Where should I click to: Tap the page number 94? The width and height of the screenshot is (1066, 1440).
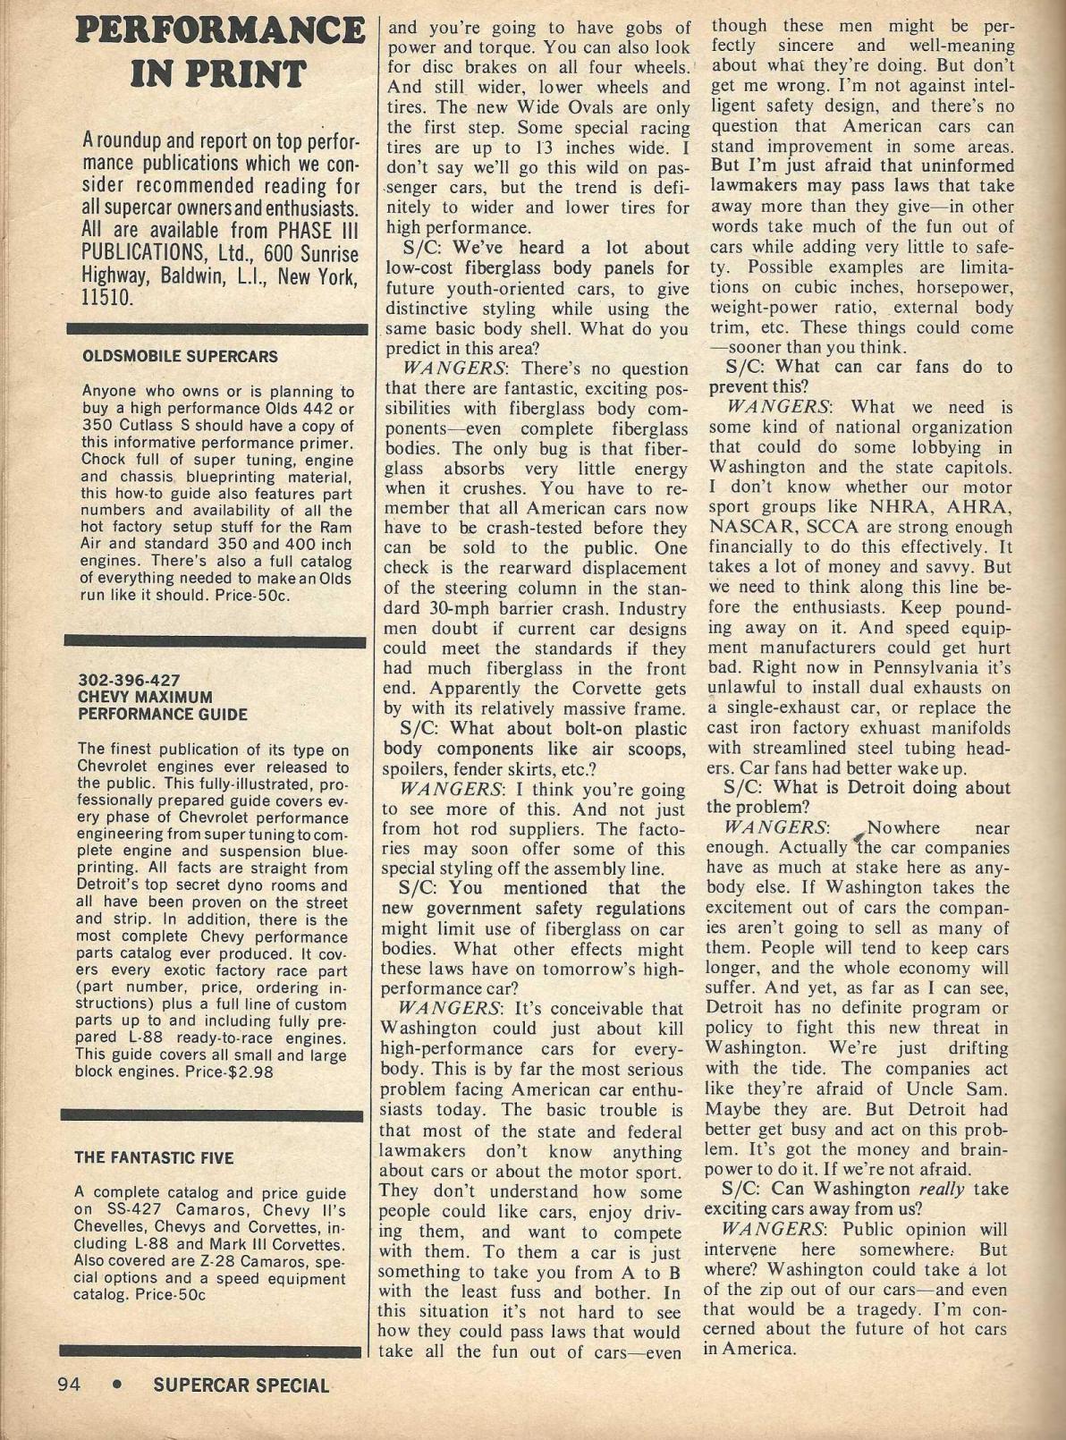click(x=69, y=1385)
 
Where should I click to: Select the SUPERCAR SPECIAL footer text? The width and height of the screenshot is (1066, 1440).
click(x=241, y=1386)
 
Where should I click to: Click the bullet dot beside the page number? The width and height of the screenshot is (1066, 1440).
click(x=116, y=1385)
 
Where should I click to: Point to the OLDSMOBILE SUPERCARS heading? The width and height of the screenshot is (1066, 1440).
click(x=180, y=356)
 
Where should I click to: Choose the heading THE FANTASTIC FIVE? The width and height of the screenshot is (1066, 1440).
click(x=154, y=1157)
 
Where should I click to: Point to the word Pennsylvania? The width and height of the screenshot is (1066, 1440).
click(x=905, y=667)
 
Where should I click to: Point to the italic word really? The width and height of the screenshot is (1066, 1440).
click(x=947, y=1189)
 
